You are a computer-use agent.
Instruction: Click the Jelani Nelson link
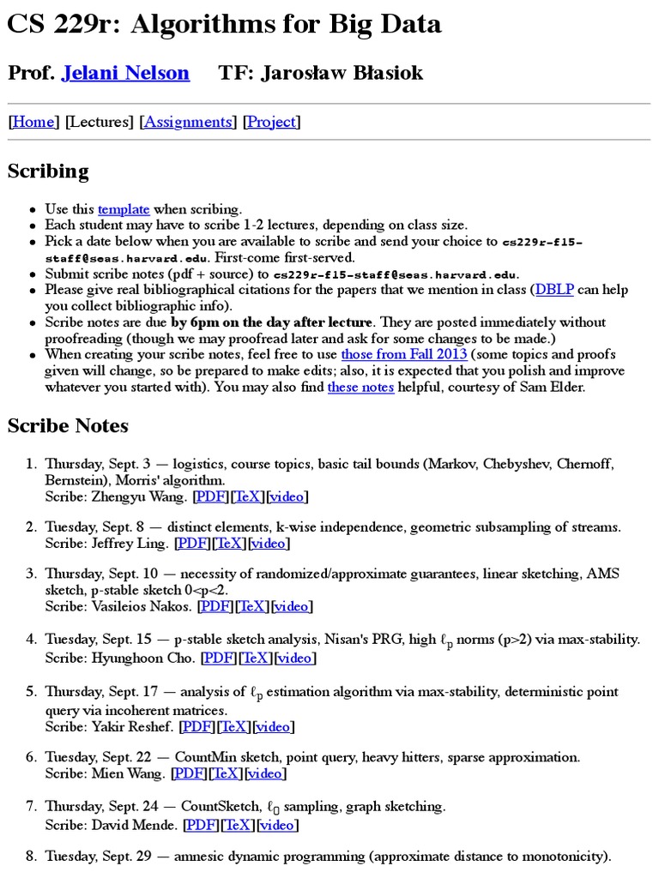click(x=125, y=73)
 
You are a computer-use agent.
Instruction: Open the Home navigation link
click(x=33, y=122)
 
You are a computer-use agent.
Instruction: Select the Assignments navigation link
click(x=188, y=122)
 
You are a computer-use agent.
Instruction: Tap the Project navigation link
click(x=271, y=122)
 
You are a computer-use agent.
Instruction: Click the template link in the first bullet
click(x=124, y=209)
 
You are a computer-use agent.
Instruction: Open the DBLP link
click(x=553, y=290)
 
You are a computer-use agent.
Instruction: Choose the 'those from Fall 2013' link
click(x=404, y=354)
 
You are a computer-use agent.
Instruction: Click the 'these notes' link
click(x=360, y=387)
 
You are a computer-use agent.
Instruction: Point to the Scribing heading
click(x=48, y=171)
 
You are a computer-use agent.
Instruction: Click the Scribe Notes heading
click(x=68, y=425)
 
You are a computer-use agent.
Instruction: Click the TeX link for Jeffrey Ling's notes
click(x=229, y=543)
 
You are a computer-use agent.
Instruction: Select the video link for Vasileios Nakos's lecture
click(x=292, y=606)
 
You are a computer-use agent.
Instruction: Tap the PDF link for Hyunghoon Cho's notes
click(x=219, y=658)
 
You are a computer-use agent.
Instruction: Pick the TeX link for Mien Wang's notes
click(x=227, y=773)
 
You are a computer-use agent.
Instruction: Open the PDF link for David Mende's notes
click(x=202, y=825)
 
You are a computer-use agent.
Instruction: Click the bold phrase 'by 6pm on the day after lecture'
click(x=272, y=322)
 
